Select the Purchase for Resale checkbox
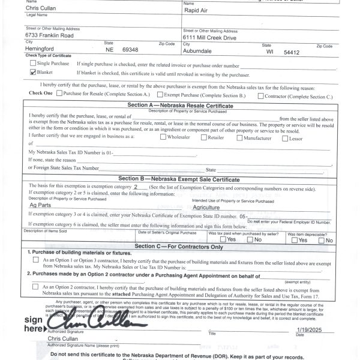(59, 94)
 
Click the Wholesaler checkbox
(163, 137)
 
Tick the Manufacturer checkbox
(240, 137)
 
